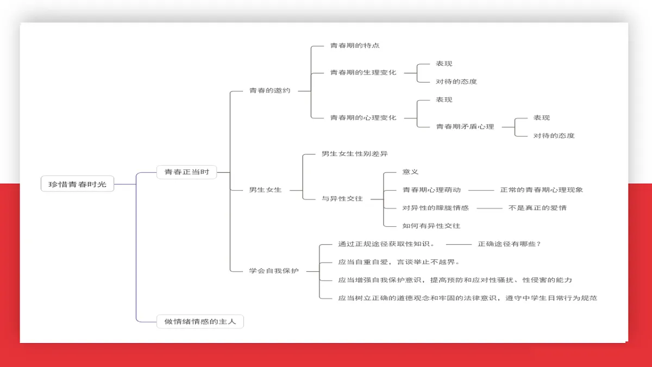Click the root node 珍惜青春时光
click(77, 184)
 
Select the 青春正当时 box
click(186, 172)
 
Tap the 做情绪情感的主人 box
click(200, 321)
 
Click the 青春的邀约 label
click(270, 91)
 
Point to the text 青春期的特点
click(355, 46)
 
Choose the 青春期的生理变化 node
click(363, 72)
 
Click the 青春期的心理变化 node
click(363, 117)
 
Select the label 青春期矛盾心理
click(465, 127)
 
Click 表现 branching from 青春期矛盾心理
click(542, 117)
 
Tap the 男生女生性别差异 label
click(355, 154)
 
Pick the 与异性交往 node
click(342, 198)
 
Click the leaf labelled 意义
click(410, 172)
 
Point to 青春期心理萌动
click(431, 190)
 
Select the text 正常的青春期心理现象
click(542, 190)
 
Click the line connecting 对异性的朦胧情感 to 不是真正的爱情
click(490, 208)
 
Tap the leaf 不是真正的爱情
click(537, 208)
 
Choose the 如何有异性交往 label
click(431, 226)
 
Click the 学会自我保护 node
click(274, 271)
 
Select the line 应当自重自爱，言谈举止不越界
click(399, 262)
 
